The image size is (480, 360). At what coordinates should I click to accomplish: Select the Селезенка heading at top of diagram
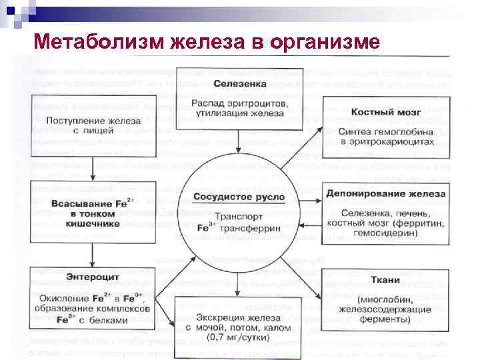240,84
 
